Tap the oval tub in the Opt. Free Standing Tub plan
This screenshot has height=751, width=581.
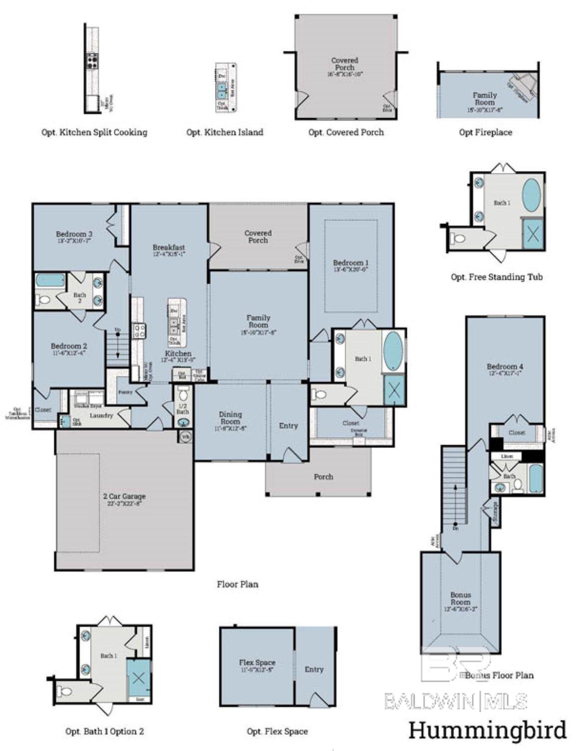pos(533,195)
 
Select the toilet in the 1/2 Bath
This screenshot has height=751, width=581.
pos(183,395)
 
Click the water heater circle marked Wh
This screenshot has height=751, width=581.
pos(185,437)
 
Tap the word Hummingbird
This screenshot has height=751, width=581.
pos(487,731)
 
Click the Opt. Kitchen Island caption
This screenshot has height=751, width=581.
pos(224,133)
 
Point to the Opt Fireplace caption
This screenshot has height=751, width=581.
pos(485,133)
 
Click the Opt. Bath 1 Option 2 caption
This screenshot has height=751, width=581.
pos(105,732)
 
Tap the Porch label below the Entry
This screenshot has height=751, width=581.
pos(323,477)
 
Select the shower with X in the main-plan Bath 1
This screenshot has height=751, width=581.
pos(394,389)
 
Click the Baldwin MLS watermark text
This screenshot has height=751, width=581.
pos(455,702)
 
